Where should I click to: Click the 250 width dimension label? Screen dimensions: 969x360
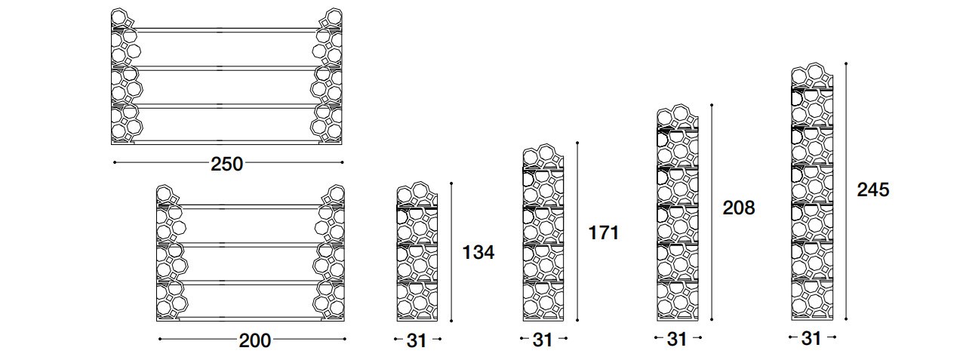pos(226,164)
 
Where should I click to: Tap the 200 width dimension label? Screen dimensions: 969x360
pos(255,340)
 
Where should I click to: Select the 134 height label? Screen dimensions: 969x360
pos(478,252)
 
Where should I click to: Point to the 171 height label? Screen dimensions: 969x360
pos(604,232)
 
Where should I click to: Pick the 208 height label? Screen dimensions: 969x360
pos(739,208)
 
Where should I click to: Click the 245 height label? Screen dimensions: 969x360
pos(873,189)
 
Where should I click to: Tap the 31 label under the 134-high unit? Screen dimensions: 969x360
pos(417,341)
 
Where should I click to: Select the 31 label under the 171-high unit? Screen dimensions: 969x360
pos(543,340)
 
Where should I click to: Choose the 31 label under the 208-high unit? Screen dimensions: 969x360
pos(677,339)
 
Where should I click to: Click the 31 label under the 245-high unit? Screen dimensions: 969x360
pos(811,338)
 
